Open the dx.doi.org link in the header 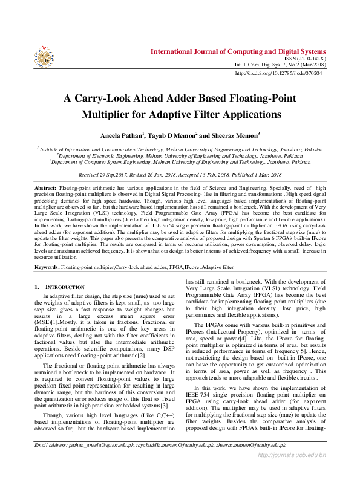click(278, 73)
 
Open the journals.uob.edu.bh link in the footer click(292, 472)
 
